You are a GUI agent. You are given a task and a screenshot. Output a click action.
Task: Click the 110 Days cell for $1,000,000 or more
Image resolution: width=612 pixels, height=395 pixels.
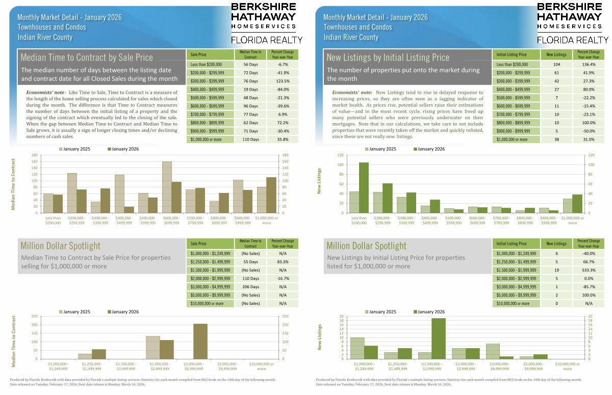coord(251,139)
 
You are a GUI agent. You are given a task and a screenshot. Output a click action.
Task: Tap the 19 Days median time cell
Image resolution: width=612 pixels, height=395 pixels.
coord(251,89)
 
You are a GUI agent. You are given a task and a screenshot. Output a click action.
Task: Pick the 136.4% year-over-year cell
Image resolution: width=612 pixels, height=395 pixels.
coord(589,65)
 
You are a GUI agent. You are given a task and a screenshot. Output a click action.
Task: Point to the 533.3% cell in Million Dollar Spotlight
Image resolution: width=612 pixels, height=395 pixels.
coord(589,270)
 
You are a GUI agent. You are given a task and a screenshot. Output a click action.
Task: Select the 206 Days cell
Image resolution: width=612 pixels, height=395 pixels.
coord(251,287)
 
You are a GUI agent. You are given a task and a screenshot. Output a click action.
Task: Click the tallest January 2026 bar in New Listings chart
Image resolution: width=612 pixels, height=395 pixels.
coord(364,187)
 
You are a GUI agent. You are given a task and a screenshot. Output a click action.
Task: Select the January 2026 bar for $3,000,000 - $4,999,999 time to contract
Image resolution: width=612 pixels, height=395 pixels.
coord(200,341)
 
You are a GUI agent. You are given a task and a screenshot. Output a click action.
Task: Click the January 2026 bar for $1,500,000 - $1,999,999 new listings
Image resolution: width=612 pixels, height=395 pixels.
coord(439,338)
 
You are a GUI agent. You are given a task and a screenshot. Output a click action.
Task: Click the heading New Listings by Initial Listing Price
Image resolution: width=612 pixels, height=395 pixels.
coord(388,57)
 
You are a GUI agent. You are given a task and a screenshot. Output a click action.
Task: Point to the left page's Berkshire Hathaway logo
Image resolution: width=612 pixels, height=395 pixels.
coord(263,16)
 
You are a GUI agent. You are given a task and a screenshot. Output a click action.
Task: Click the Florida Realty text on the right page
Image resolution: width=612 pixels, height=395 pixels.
coord(573,40)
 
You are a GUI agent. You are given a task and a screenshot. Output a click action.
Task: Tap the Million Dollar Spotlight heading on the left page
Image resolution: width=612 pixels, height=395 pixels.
coord(60,246)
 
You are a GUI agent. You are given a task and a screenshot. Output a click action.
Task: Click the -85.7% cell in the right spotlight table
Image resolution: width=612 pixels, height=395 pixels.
coord(589,287)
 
